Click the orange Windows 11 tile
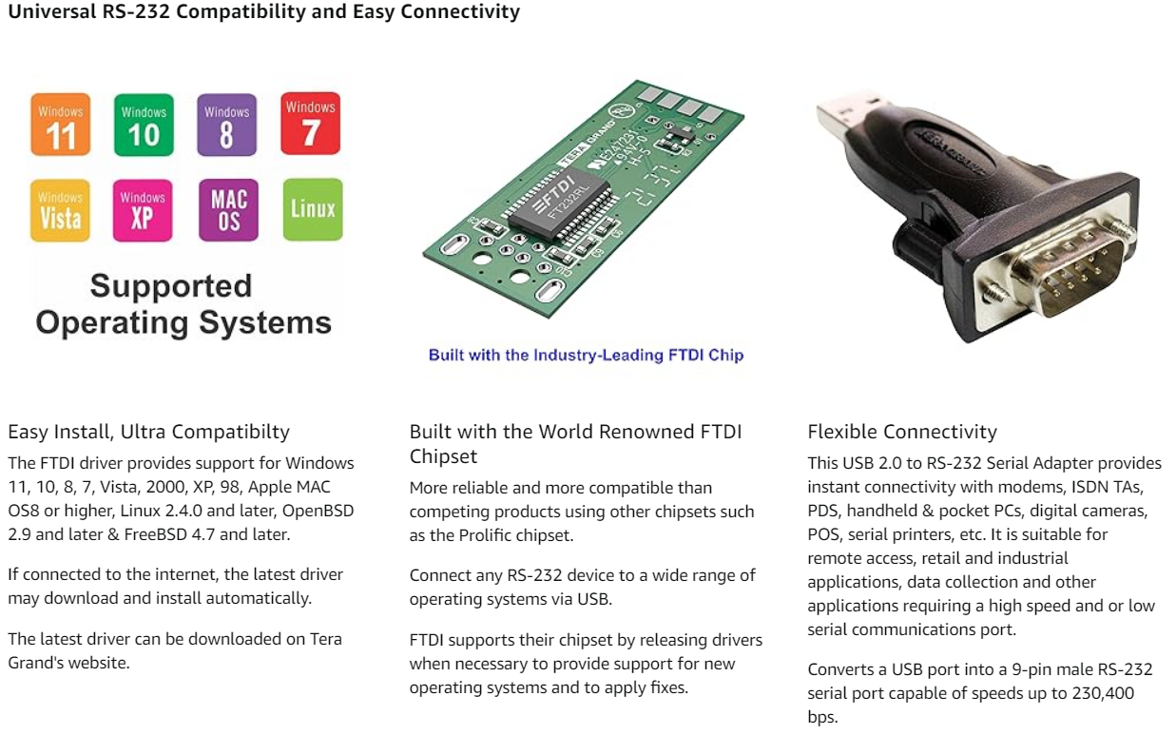[x=61, y=125]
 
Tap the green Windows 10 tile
[x=144, y=125]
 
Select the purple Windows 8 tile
[x=226, y=125]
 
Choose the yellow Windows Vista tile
[x=61, y=210]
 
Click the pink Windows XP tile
[x=143, y=210]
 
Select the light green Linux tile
[x=313, y=208]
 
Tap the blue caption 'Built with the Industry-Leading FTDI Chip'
[x=586, y=355]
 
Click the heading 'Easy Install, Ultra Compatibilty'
[x=148, y=432]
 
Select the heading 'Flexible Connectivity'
[x=902, y=432]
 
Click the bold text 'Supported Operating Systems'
[x=183, y=304]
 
